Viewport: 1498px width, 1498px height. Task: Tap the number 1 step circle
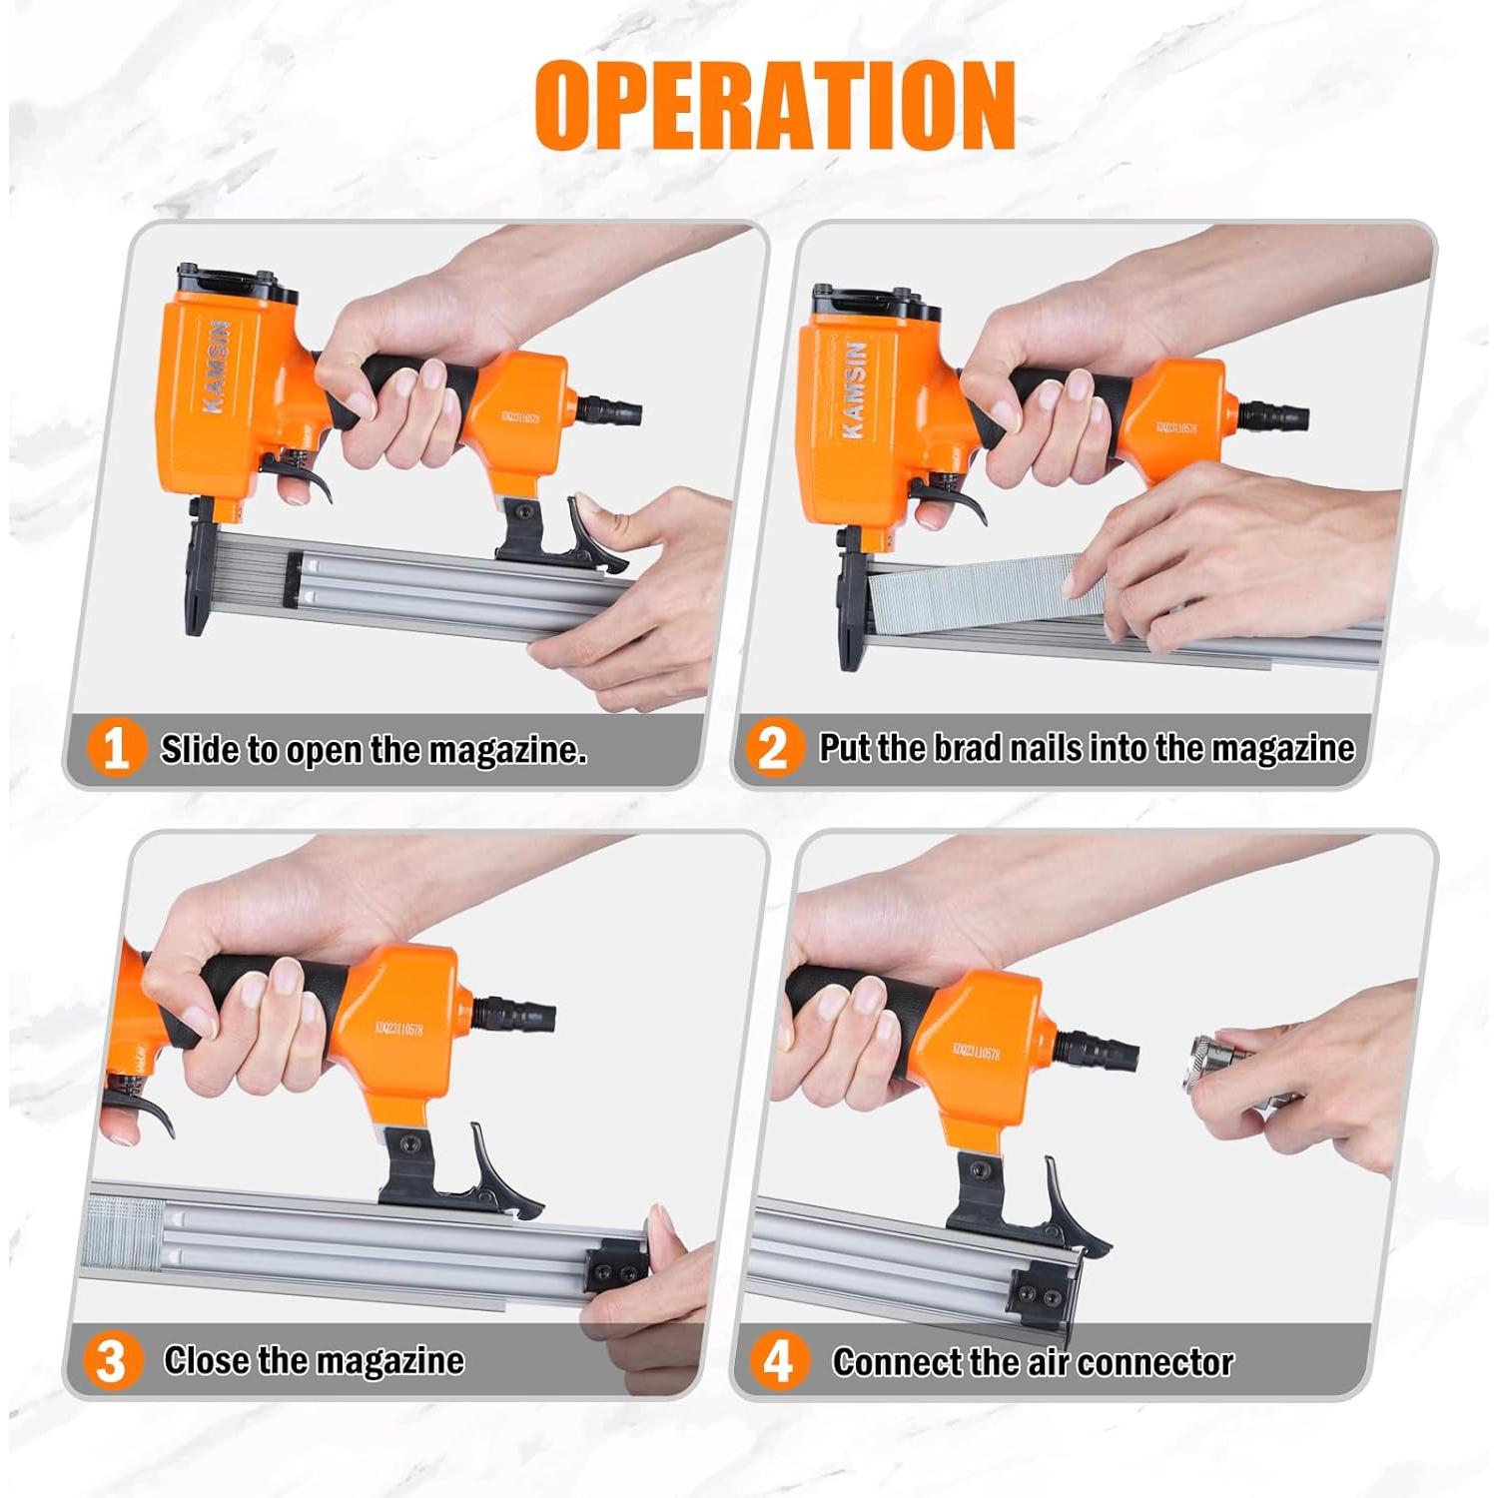pyautogui.click(x=116, y=748)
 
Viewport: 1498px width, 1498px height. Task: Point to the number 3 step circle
pyautogui.click(x=110, y=1361)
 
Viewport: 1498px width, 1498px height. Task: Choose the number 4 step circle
pyautogui.click(x=778, y=1361)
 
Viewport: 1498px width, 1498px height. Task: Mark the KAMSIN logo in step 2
pyautogui.click(x=854, y=389)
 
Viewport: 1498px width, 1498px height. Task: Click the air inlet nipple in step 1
pyautogui.click(x=607, y=409)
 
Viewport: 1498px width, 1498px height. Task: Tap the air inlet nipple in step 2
pyautogui.click(x=1274, y=414)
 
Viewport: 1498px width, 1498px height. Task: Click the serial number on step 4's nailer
pyautogui.click(x=976, y=1052)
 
